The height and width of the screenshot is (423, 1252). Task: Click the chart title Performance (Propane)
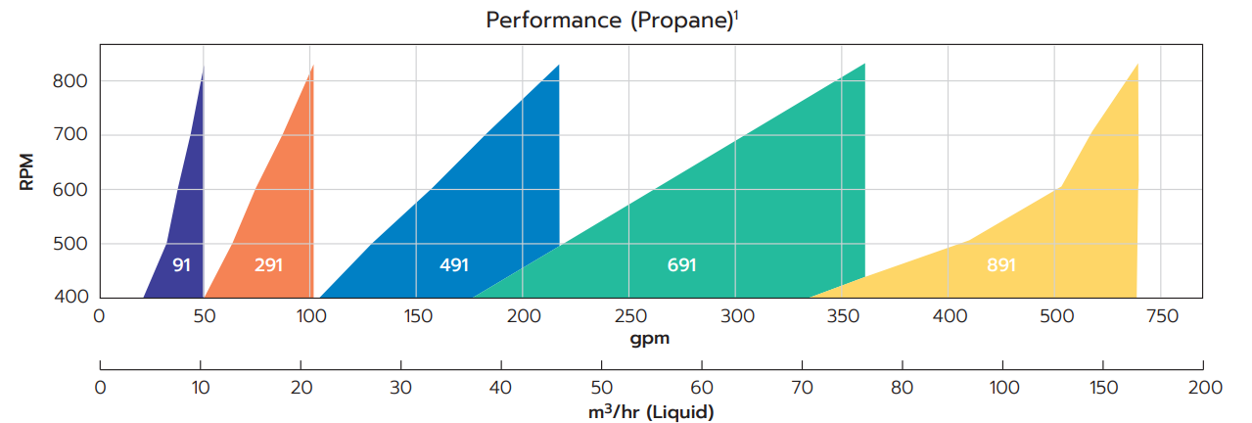point(609,21)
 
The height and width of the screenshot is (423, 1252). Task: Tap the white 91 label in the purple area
point(181,264)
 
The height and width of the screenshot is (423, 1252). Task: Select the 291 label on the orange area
point(268,264)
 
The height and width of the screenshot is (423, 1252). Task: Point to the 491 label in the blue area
point(454,264)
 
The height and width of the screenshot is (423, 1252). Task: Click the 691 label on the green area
point(681,264)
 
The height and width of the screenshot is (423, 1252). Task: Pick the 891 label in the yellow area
point(1000,264)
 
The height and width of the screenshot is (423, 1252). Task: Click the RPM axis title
point(27,171)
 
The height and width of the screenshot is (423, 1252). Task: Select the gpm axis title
point(650,338)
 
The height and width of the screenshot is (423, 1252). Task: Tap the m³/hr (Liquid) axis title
point(651,412)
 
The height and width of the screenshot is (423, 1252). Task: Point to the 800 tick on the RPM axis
point(70,81)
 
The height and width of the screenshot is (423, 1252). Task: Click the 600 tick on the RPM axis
point(70,190)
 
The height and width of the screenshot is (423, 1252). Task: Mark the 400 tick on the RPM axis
point(70,298)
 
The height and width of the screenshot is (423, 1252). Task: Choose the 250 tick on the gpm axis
point(629,316)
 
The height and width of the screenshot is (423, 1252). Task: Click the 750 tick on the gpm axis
point(1161,316)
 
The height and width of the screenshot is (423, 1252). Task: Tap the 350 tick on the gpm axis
point(842,316)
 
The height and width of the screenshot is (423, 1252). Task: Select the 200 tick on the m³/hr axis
point(1204,387)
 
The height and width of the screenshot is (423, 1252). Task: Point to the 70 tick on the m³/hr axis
point(802,387)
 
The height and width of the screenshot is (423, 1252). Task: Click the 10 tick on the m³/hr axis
point(200,387)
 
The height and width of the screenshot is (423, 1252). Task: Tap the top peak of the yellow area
point(1136,65)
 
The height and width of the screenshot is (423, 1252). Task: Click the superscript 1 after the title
point(736,14)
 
